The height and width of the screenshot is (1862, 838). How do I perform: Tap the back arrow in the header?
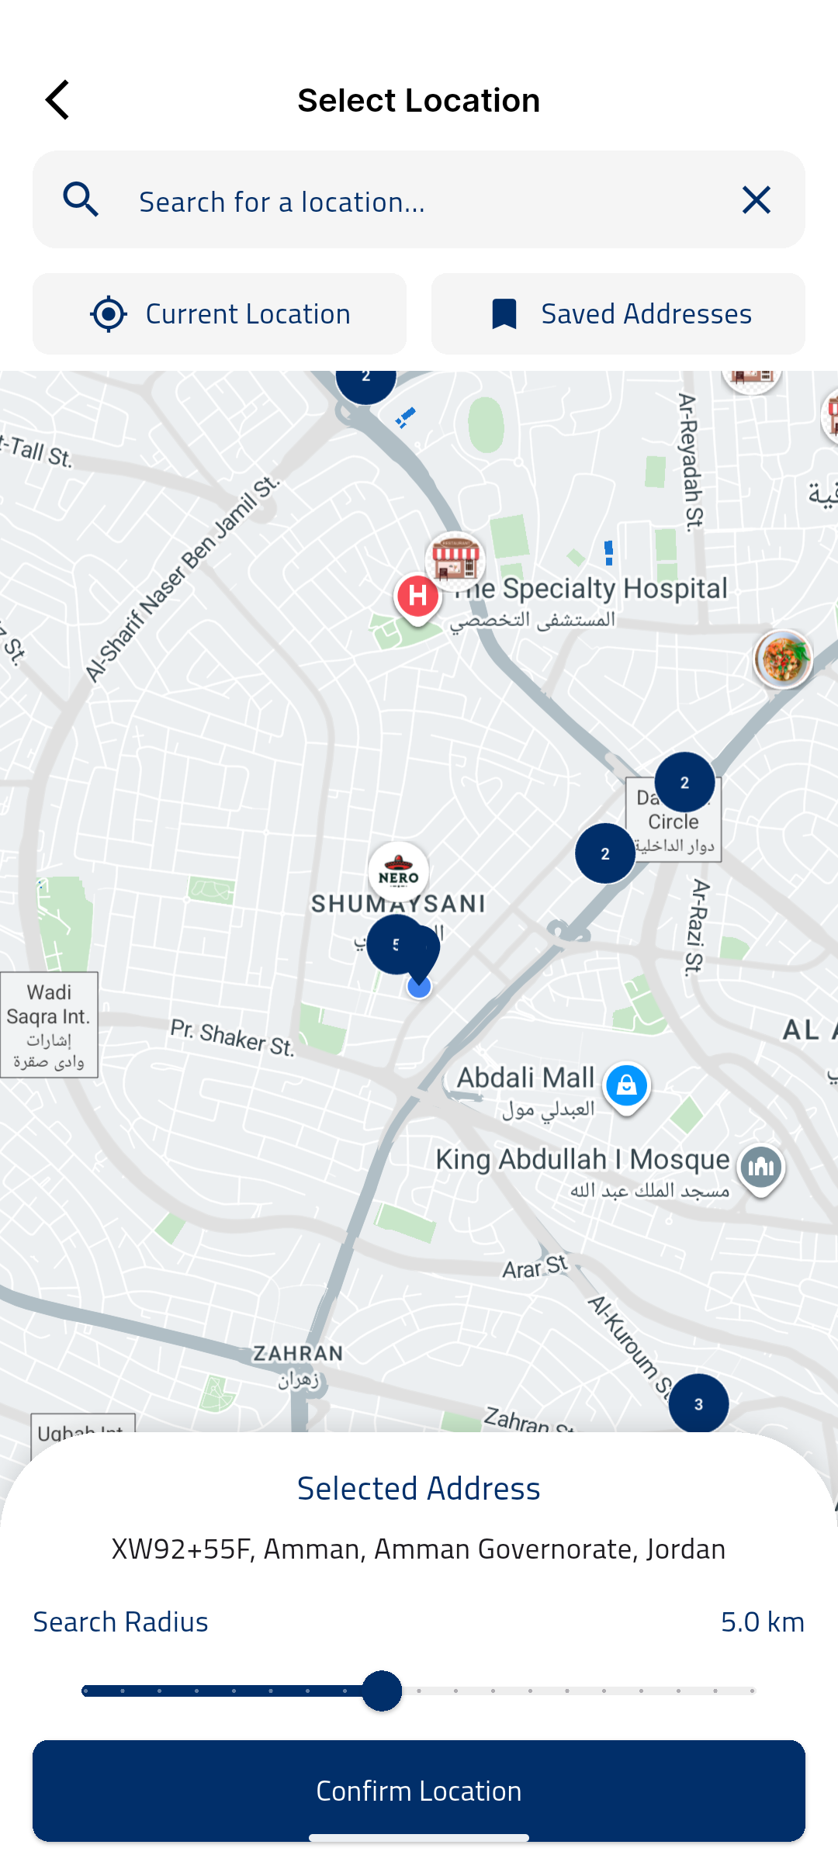tap(57, 100)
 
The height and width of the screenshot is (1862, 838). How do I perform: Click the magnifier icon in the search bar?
tap(81, 200)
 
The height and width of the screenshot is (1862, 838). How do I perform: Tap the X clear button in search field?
tap(756, 200)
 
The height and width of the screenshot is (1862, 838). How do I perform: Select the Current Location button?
tap(220, 314)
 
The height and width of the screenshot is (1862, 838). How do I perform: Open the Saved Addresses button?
tap(618, 314)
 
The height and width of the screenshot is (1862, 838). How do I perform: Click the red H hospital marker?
tap(417, 597)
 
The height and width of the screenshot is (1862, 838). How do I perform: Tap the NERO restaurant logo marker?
tap(399, 873)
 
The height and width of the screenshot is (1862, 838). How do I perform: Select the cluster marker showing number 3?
tap(698, 1403)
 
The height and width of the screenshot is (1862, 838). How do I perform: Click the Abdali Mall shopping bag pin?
tap(626, 1085)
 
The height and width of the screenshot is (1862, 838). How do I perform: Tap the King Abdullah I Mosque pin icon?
tap(761, 1168)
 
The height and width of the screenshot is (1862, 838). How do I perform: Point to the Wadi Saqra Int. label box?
tap(49, 1025)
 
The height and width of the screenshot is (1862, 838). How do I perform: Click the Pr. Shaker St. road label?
tap(232, 1038)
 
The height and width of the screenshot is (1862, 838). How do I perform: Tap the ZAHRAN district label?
tap(298, 1354)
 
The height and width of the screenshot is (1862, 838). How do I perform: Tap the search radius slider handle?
tap(382, 1691)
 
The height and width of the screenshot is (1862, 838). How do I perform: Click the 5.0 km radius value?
tap(762, 1622)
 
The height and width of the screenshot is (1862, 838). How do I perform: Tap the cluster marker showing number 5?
tap(396, 944)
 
